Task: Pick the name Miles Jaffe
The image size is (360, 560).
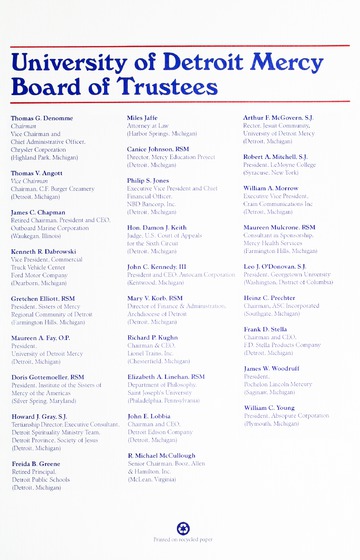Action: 142,117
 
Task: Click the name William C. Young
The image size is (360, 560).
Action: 273,408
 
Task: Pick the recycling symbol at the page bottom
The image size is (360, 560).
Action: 182,527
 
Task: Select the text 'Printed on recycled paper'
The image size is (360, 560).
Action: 182,540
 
